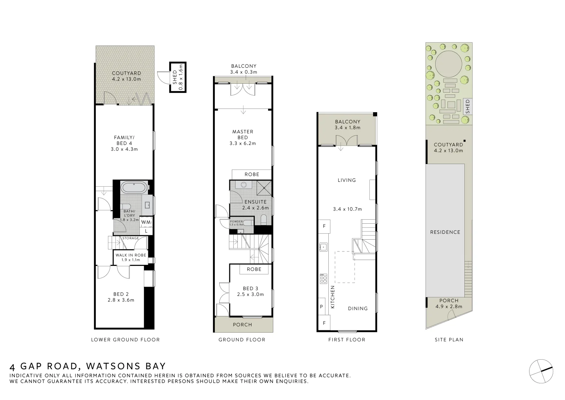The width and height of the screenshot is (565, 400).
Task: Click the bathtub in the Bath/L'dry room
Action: [x=133, y=187]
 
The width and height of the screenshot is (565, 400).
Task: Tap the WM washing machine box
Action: [x=146, y=222]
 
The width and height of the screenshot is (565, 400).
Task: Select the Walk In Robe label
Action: [x=131, y=255]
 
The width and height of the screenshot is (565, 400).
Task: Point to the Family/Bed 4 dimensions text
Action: [x=124, y=149]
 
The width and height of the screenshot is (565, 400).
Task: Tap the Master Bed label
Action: [x=243, y=134]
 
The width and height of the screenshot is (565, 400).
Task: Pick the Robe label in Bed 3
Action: [x=254, y=269]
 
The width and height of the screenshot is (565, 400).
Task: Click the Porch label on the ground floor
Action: [x=243, y=325]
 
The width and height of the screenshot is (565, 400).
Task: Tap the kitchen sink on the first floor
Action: [x=323, y=246]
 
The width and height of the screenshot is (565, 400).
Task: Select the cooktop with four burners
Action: [x=323, y=278]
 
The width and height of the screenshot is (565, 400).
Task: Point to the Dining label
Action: [x=358, y=309]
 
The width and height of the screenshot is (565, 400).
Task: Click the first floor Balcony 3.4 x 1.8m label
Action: [x=347, y=124]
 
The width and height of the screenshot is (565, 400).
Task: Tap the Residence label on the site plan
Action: [x=445, y=232]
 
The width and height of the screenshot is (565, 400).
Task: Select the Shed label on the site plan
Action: [x=468, y=107]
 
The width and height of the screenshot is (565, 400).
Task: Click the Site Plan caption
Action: [x=449, y=340]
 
